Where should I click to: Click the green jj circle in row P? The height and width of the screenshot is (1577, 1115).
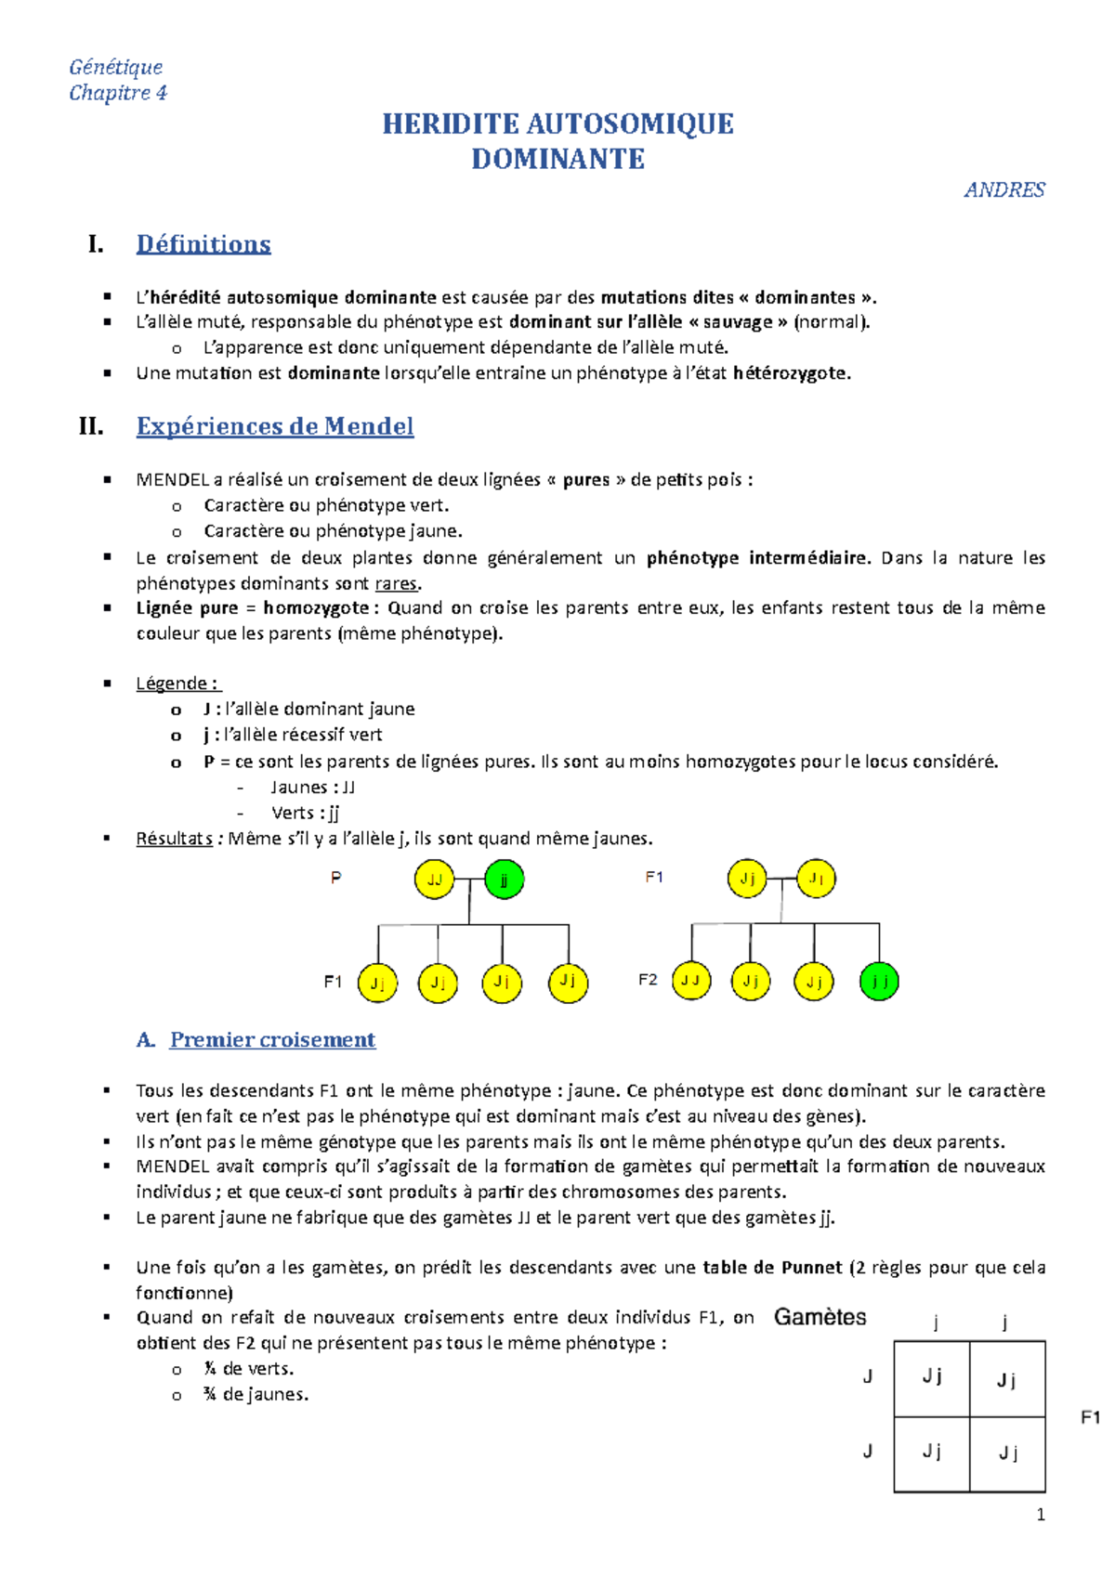coord(505,879)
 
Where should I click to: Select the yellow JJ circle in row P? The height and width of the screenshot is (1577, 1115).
coord(434,879)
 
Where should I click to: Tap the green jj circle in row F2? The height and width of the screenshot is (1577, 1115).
coord(879,981)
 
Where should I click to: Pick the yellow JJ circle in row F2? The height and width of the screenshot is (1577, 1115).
coord(689,981)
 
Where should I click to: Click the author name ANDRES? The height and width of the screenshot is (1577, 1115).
coord(1004,189)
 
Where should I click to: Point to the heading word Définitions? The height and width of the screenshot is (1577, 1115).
coord(203,244)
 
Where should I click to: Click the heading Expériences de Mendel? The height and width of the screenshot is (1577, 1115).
coord(275,426)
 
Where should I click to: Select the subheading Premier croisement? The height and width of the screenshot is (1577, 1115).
coord(272,1040)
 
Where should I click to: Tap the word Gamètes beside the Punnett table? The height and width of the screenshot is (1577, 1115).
coord(820,1317)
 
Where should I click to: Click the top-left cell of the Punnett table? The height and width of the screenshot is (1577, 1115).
coord(932,1378)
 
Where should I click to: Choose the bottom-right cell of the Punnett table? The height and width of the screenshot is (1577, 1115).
coord(1008,1454)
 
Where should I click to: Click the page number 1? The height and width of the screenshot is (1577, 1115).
coord(1041,1515)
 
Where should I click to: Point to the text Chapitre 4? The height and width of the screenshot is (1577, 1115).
coord(118,93)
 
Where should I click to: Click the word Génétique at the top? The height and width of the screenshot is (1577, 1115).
coord(116,67)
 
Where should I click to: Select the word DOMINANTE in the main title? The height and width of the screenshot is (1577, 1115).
coord(557,159)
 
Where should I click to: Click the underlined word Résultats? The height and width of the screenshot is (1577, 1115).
coord(175,839)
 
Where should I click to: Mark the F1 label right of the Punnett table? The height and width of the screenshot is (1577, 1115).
coord(1090,1417)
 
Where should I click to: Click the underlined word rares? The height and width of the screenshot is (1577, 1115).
coord(397,584)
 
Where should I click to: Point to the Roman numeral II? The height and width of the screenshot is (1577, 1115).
coord(91,426)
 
